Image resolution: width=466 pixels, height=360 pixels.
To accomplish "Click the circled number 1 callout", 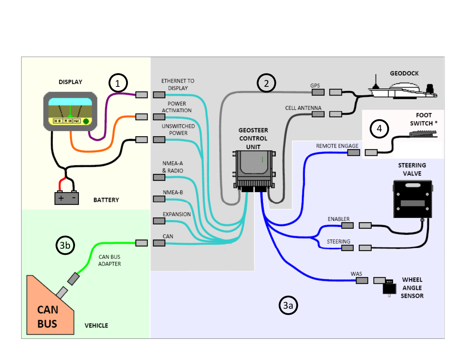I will (118, 83).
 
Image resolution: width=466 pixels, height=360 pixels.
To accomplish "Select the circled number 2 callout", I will (266, 83).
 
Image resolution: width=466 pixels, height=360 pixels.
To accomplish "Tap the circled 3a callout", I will (288, 305).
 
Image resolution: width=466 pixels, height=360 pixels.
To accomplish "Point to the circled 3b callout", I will (65, 245).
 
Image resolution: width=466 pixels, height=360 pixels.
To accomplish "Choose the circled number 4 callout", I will (379, 129).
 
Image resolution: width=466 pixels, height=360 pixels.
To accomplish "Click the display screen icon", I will (70, 111).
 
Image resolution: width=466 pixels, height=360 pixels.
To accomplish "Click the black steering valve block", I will (412, 199).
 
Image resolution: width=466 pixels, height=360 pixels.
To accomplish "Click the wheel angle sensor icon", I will (389, 288).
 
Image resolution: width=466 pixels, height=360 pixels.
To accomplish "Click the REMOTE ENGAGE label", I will (337, 146).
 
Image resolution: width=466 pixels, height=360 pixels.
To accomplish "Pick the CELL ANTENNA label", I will (303, 108).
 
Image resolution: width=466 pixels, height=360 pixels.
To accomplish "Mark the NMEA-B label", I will (173, 192).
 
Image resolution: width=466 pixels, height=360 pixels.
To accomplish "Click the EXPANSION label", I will (177, 214).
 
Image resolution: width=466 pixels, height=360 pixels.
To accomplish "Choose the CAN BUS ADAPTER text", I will (109, 260).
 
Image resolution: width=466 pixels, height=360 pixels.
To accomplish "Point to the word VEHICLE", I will (96, 325).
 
